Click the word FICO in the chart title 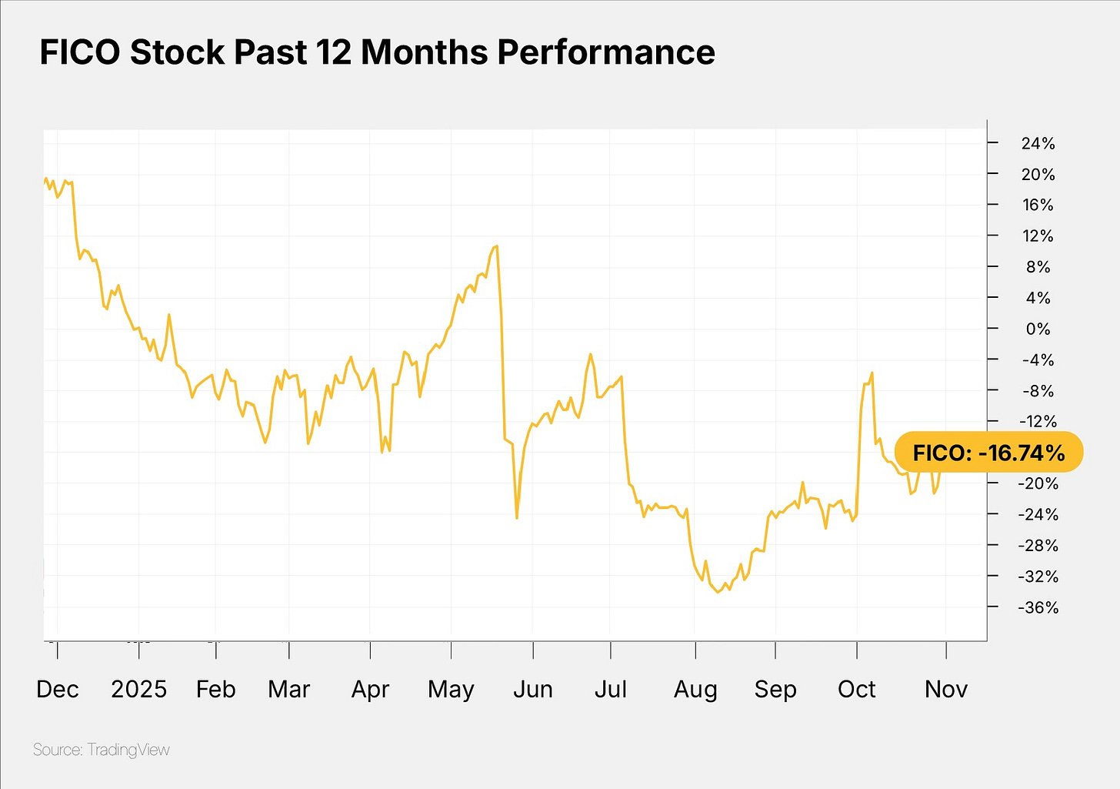[80, 52]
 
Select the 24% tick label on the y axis [1038, 143]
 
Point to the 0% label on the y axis [1038, 329]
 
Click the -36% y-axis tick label [1038, 607]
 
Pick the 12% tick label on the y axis [1038, 236]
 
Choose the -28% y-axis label [1038, 546]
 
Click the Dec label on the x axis [58, 689]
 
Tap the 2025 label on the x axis [138, 689]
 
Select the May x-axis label [451, 689]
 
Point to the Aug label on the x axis [695, 689]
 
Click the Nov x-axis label [946, 689]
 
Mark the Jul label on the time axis [611, 689]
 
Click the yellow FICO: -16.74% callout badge [989, 453]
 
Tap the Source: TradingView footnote [102, 750]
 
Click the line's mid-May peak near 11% [497, 246]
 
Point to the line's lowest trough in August [718, 592]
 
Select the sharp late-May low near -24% [517, 518]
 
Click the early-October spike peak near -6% [872, 373]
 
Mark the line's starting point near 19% [45, 180]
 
